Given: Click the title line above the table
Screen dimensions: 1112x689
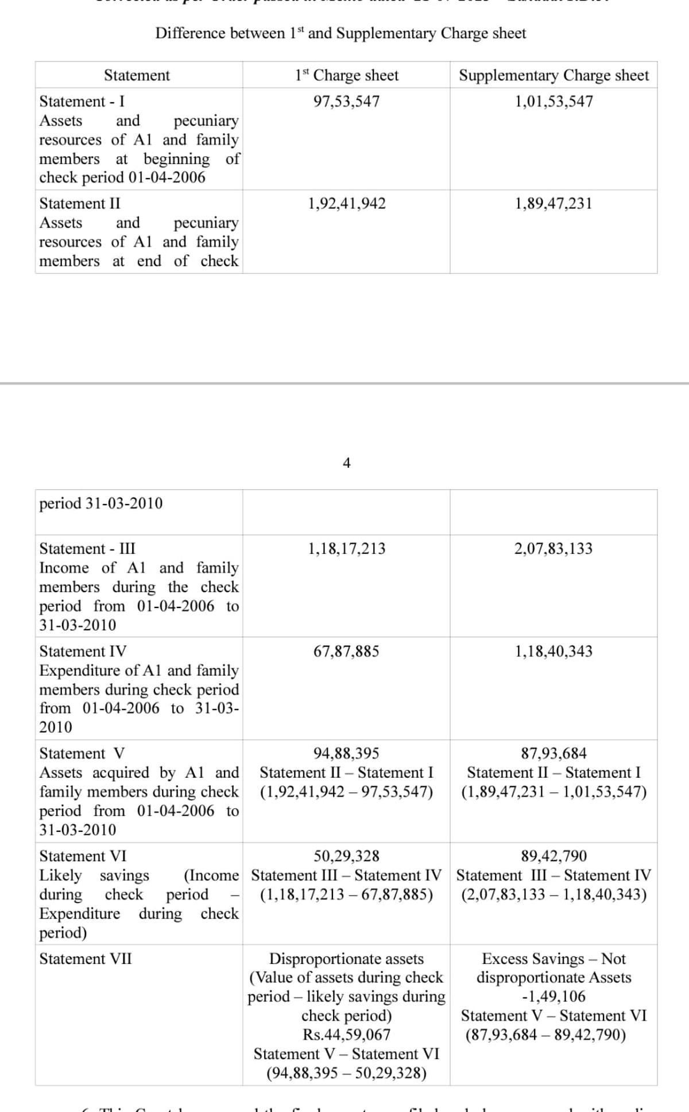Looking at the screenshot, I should pyautogui.click(x=340, y=33).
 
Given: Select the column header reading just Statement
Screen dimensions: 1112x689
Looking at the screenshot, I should pyautogui.click(x=137, y=75).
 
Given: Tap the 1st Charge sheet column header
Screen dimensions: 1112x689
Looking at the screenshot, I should pyautogui.click(x=346, y=75).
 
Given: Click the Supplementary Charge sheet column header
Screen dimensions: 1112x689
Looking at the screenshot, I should pyautogui.click(x=553, y=75).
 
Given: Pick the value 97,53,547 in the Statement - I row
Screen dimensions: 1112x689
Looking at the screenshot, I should pyautogui.click(x=346, y=102).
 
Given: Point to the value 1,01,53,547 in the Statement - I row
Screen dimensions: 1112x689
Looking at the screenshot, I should pyautogui.click(x=553, y=102).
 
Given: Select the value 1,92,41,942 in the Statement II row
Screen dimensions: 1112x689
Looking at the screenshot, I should pyautogui.click(x=347, y=204).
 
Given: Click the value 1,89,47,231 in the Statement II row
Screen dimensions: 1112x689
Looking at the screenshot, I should pyautogui.click(x=553, y=204).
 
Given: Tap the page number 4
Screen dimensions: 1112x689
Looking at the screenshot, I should pyautogui.click(x=346, y=463).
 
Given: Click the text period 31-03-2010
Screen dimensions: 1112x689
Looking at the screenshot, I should pyautogui.click(x=101, y=503).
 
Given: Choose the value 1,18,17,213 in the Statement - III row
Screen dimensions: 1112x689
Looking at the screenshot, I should pyautogui.click(x=347, y=549).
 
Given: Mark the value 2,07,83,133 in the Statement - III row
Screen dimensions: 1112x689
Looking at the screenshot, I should pyautogui.click(x=553, y=549).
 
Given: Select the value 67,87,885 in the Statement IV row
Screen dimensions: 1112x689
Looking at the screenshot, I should pyautogui.click(x=346, y=652).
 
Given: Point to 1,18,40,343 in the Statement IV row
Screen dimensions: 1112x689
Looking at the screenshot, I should pyautogui.click(x=553, y=652).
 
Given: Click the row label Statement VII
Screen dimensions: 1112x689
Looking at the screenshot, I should pyautogui.click(x=86, y=959).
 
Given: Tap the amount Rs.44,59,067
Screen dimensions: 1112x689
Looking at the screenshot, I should pyautogui.click(x=346, y=1034).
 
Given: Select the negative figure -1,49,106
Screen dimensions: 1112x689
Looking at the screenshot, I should pyautogui.click(x=553, y=997).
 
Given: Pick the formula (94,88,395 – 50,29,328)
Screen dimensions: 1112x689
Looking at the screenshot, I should pyautogui.click(x=346, y=1073).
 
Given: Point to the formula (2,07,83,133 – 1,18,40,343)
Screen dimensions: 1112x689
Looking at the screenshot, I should pyautogui.click(x=553, y=894).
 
